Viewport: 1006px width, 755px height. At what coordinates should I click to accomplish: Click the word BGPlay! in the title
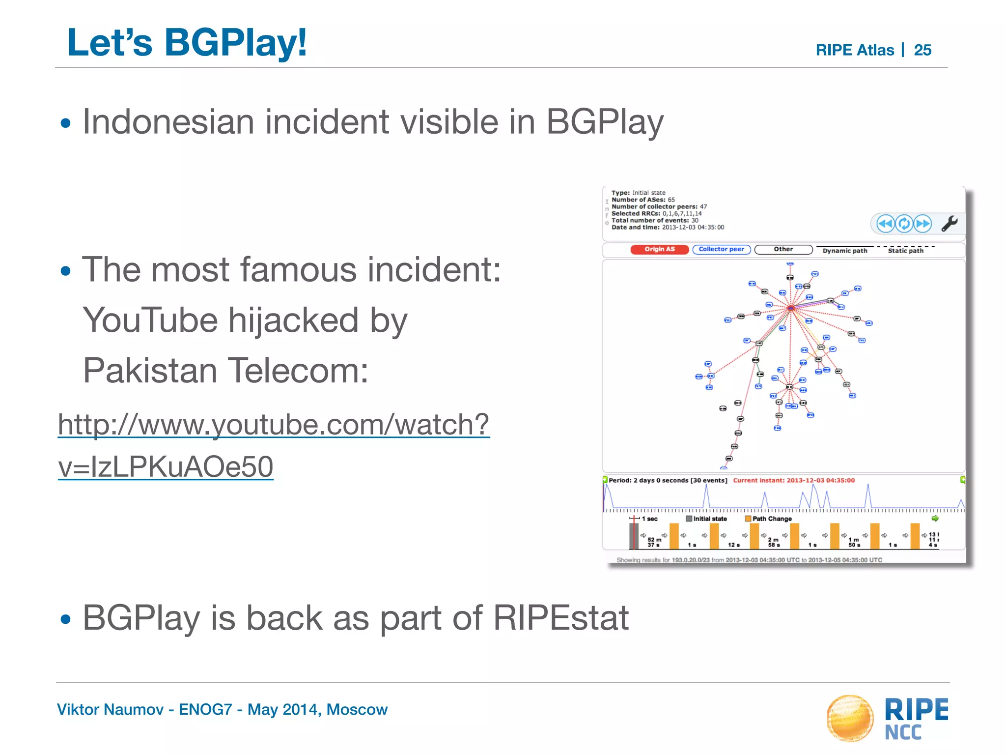[x=235, y=43]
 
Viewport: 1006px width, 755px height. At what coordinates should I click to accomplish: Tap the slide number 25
[x=922, y=50]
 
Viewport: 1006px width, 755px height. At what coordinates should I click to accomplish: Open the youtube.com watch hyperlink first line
[x=274, y=424]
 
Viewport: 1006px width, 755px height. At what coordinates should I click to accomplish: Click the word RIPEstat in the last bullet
[x=560, y=618]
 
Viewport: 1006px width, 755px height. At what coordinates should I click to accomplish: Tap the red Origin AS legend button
[x=659, y=250]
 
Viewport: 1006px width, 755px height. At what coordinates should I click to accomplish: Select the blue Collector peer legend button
[x=721, y=250]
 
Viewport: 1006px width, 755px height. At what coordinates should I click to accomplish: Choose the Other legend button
[x=783, y=250]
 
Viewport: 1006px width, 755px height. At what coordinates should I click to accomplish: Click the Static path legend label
[x=905, y=251]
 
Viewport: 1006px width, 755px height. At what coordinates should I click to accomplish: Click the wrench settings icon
[x=949, y=224]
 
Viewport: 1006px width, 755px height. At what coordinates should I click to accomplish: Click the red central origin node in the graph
[x=791, y=308]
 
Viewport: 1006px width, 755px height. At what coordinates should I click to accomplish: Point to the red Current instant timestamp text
[x=793, y=480]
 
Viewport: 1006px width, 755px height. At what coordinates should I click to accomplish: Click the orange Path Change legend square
[x=748, y=519]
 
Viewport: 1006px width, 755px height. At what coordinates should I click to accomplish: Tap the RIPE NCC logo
[x=887, y=718]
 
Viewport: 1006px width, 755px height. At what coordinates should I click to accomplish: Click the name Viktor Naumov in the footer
[x=110, y=710]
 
